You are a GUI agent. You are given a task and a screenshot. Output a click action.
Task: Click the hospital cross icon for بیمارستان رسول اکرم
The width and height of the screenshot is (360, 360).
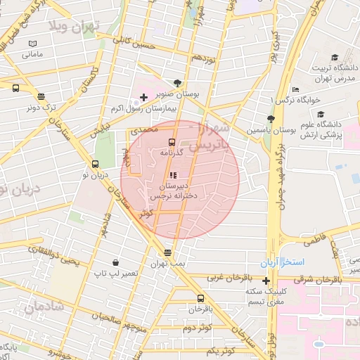[x=143, y=96]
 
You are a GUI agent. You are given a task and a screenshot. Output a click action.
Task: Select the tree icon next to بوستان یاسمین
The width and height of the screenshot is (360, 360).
[x=271, y=119]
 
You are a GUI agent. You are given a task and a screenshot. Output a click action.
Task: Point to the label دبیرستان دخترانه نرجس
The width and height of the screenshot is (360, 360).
[x=172, y=192]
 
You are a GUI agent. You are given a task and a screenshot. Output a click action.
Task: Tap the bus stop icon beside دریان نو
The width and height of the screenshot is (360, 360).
[x=86, y=164]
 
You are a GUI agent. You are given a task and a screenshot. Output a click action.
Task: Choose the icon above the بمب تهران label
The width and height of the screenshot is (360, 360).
[x=167, y=252]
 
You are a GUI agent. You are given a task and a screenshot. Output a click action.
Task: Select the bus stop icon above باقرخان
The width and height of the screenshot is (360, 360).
[x=201, y=298]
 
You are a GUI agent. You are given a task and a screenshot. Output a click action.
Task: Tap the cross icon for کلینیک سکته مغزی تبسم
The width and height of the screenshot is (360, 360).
[x=266, y=281]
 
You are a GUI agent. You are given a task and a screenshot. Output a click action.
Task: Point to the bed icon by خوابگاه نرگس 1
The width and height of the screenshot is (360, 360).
[x=295, y=90]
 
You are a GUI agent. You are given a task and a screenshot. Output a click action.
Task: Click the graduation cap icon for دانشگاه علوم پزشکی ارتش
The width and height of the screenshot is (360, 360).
[x=321, y=114]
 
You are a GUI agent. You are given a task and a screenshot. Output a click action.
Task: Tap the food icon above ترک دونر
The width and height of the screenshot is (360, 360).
[x=41, y=97]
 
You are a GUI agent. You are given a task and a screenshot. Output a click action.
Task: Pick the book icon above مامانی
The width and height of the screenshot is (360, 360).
[x=32, y=43]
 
